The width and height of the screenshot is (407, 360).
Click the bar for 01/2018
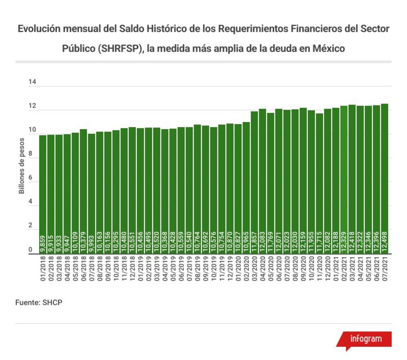click(x=43, y=194)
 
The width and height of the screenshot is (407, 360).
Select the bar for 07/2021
click(x=385, y=179)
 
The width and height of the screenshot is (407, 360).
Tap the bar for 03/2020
click(x=254, y=183)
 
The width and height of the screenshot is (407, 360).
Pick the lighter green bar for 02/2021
click(x=344, y=180)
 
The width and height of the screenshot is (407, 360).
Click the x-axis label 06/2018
click(x=83, y=269)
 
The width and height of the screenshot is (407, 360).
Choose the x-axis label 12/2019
click(x=230, y=269)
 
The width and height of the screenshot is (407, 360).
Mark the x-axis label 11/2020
click(x=319, y=269)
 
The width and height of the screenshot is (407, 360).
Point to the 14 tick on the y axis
click(x=32, y=82)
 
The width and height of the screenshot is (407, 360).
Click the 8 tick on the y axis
click(x=31, y=153)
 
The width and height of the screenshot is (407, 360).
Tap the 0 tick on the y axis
click(x=31, y=249)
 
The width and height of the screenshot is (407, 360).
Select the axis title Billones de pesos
click(x=22, y=166)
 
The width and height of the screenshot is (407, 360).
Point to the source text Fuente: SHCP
click(x=39, y=303)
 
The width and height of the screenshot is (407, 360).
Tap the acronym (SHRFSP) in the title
click(x=121, y=49)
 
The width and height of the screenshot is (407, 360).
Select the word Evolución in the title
click(x=39, y=29)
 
